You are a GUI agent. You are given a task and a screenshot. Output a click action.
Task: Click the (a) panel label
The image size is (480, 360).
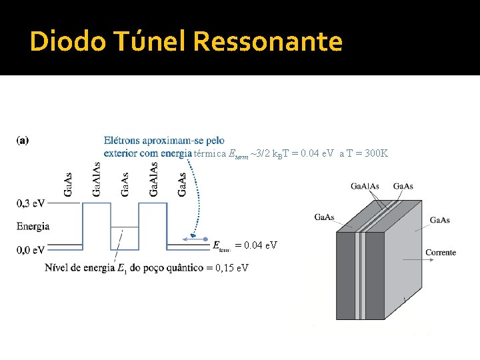[x=23, y=141]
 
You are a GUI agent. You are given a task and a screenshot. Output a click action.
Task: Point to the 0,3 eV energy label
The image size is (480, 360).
[x=31, y=203]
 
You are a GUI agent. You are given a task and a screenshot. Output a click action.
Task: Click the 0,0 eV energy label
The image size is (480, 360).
[x=31, y=249]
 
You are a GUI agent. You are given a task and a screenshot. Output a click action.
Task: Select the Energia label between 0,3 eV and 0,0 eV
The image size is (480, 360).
[x=33, y=226]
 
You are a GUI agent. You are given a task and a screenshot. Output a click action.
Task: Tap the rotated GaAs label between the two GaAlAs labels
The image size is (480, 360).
[x=125, y=184]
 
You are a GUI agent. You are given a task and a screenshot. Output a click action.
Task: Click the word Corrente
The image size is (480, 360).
[x=441, y=252]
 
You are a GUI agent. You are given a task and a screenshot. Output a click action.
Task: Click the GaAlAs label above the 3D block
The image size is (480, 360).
[x=366, y=186]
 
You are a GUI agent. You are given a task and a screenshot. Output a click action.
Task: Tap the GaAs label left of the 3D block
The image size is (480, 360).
[x=324, y=217]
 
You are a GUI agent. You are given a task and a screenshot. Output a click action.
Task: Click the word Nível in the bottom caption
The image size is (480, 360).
[x=57, y=268]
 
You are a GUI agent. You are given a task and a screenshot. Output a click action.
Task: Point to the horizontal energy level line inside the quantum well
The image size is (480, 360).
[x=125, y=228]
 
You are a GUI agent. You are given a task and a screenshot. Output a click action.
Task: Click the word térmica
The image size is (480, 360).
[x=209, y=153]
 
